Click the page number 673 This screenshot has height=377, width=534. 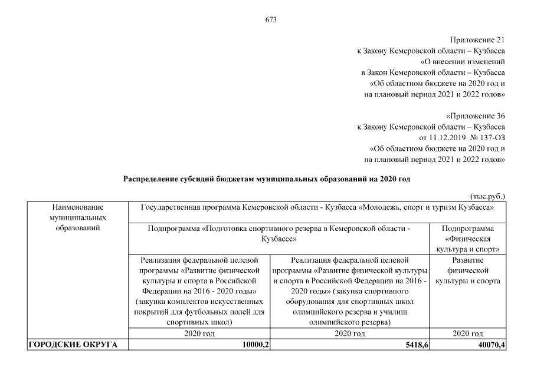[x=271, y=19]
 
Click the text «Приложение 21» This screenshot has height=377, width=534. [x=477, y=40]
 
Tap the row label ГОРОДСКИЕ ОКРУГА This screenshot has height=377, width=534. [x=65, y=345]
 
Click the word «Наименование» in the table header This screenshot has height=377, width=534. [x=77, y=207]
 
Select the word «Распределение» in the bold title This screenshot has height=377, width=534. [x=152, y=178]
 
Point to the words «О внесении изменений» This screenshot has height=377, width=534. [x=463, y=61]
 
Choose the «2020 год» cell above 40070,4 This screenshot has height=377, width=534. [x=469, y=334]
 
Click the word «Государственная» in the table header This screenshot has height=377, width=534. [x=170, y=207]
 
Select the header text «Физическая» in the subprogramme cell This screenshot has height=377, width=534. [x=469, y=239]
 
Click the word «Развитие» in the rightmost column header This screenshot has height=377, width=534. [x=468, y=259]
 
